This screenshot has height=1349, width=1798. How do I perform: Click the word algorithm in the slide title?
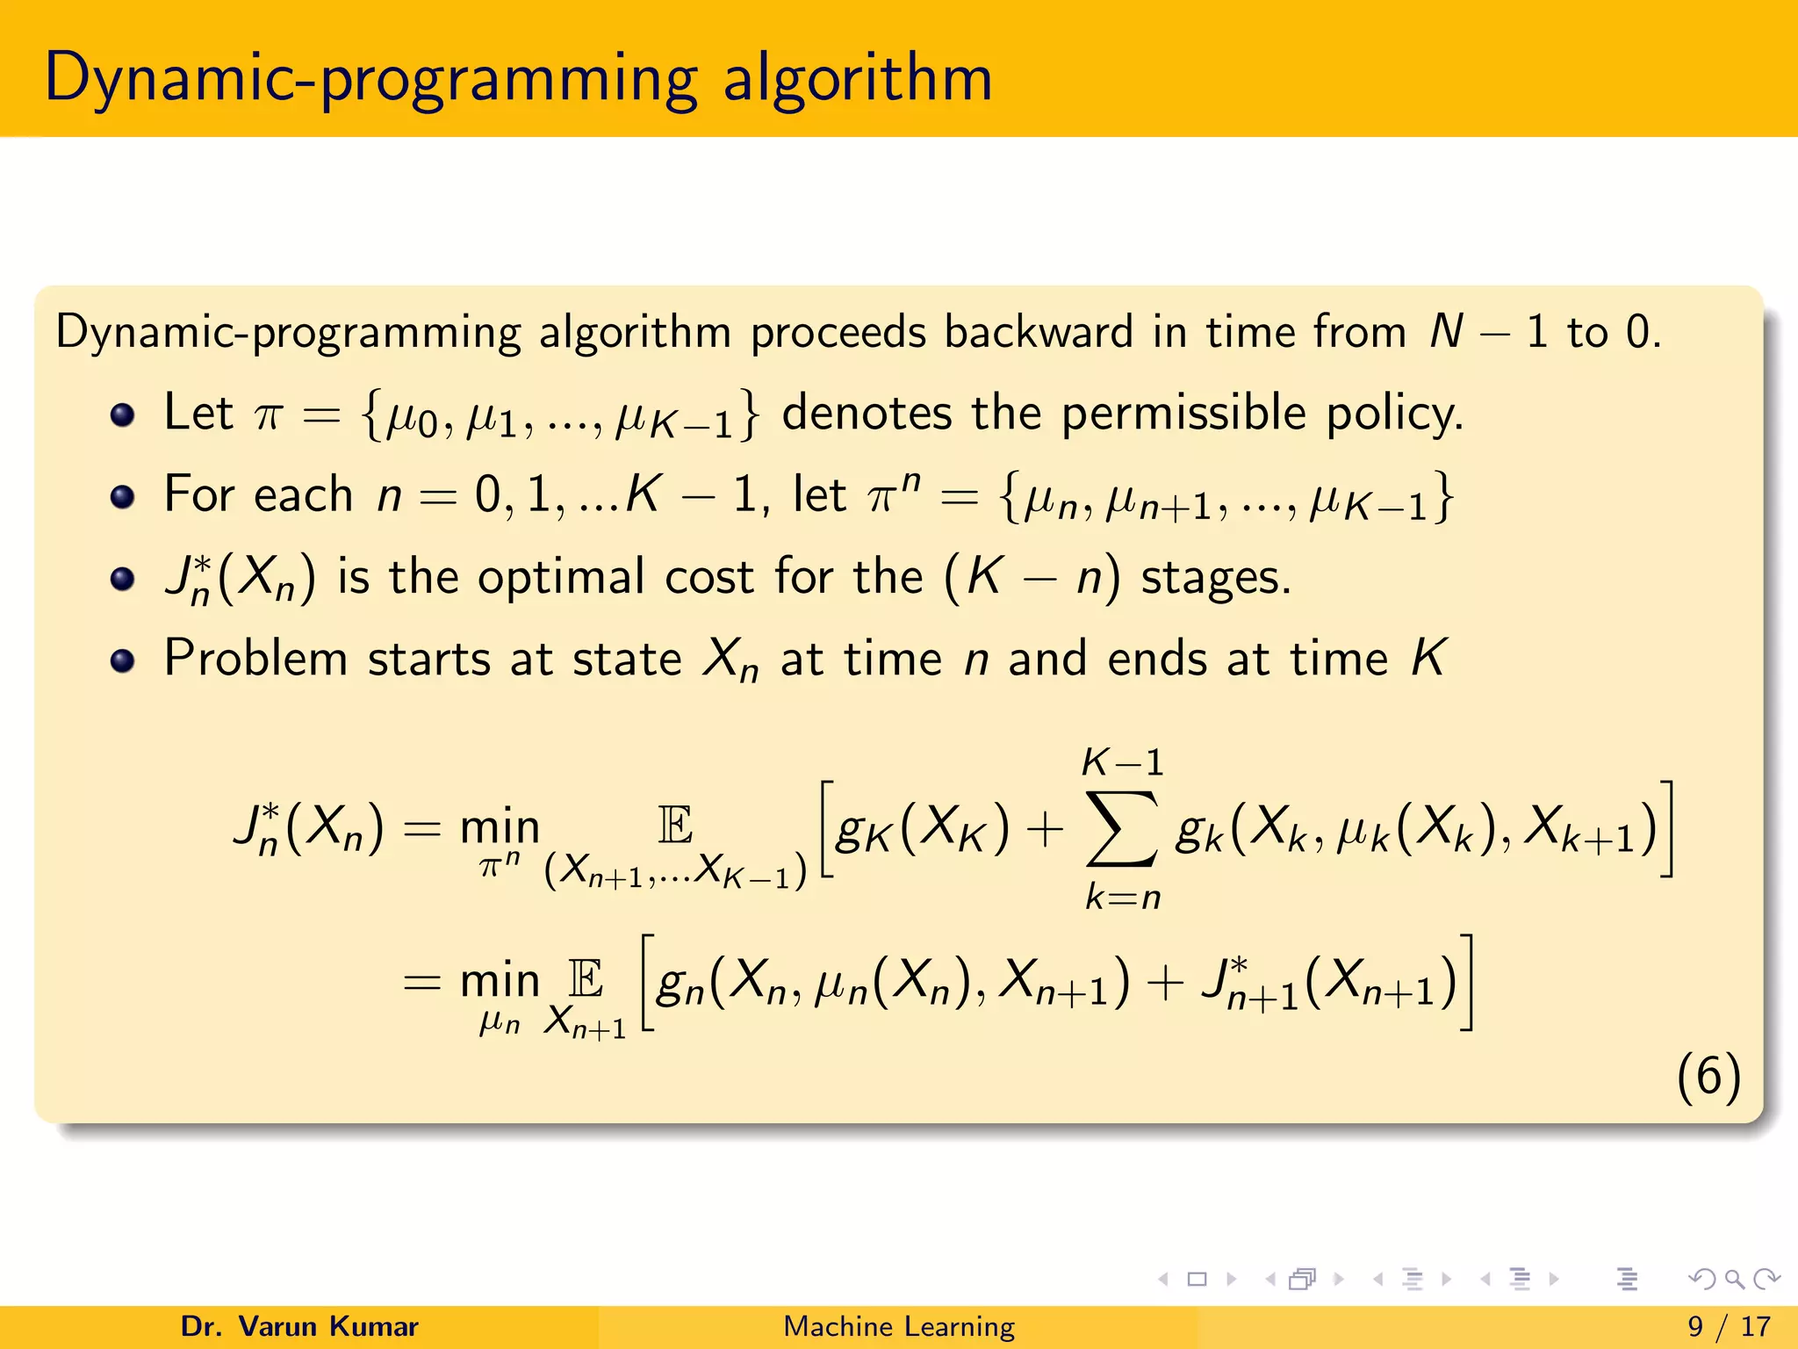[x=858, y=79]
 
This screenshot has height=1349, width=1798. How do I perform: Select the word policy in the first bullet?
[x=1394, y=413]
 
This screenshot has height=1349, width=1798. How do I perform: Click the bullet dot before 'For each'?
[x=123, y=497]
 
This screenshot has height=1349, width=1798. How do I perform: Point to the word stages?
[x=1216, y=579]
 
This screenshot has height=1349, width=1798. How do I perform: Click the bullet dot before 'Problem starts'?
[x=123, y=660]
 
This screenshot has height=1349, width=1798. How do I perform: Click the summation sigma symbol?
[x=1121, y=829]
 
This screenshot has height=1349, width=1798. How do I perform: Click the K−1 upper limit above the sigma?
[x=1122, y=762]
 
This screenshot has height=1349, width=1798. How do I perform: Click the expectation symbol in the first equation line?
[x=675, y=826]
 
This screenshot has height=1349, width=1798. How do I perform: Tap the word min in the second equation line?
[x=500, y=979]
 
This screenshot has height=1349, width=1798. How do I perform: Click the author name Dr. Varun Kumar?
[x=299, y=1326]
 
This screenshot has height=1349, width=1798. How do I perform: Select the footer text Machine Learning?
[x=899, y=1326]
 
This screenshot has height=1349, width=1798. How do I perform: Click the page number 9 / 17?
[x=1729, y=1326]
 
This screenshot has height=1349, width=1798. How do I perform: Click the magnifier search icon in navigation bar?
[x=1734, y=1280]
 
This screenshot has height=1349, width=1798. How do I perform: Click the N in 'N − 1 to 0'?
[x=1446, y=332]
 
